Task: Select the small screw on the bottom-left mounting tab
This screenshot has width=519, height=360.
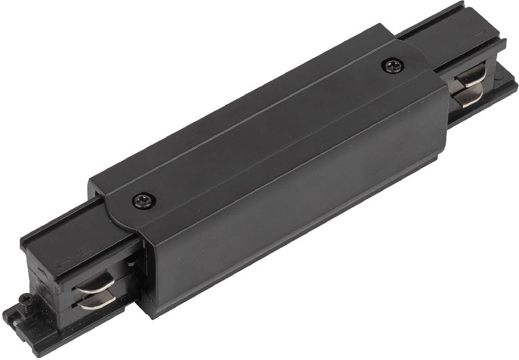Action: pos(24,299)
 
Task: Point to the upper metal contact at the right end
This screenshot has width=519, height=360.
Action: pos(471,77)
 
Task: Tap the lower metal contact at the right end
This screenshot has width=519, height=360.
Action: pos(471,95)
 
